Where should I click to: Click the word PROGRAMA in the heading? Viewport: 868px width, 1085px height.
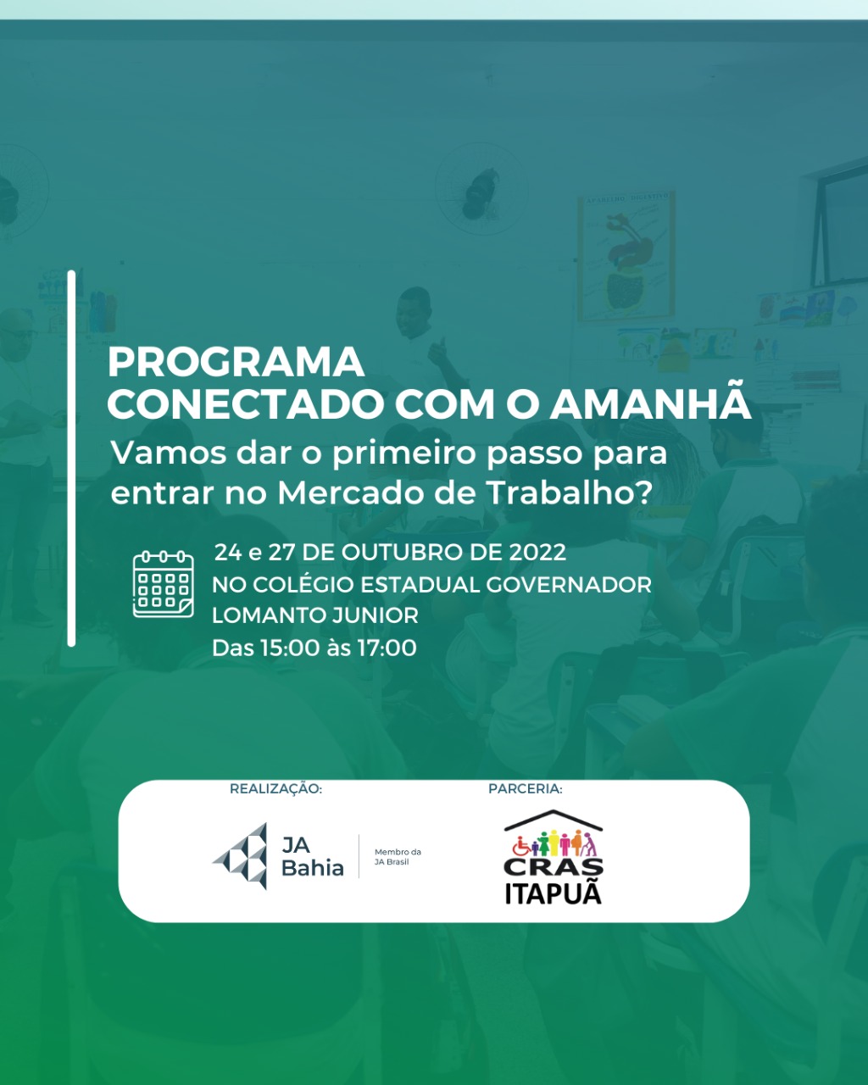click(x=236, y=362)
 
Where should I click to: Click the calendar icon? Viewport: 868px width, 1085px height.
click(x=163, y=584)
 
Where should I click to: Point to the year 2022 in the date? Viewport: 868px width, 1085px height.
click(x=537, y=552)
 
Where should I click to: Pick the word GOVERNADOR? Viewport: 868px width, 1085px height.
click(x=569, y=585)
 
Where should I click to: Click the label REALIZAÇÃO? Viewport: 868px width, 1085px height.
click(x=275, y=788)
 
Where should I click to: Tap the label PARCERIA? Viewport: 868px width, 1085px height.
click(x=525, y=788)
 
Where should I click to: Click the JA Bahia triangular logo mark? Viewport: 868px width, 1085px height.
click(x=242, y=856)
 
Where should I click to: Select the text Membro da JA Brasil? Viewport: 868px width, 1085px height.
click(x=398, y=857)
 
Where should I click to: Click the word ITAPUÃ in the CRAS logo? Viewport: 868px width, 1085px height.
click(x=554, y=893)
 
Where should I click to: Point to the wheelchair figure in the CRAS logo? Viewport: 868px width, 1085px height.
click(x=521, y=846)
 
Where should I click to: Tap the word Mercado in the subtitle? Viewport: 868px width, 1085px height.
click(x=352, y=492)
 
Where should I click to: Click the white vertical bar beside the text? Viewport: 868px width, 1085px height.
click(x=71, y=459)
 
